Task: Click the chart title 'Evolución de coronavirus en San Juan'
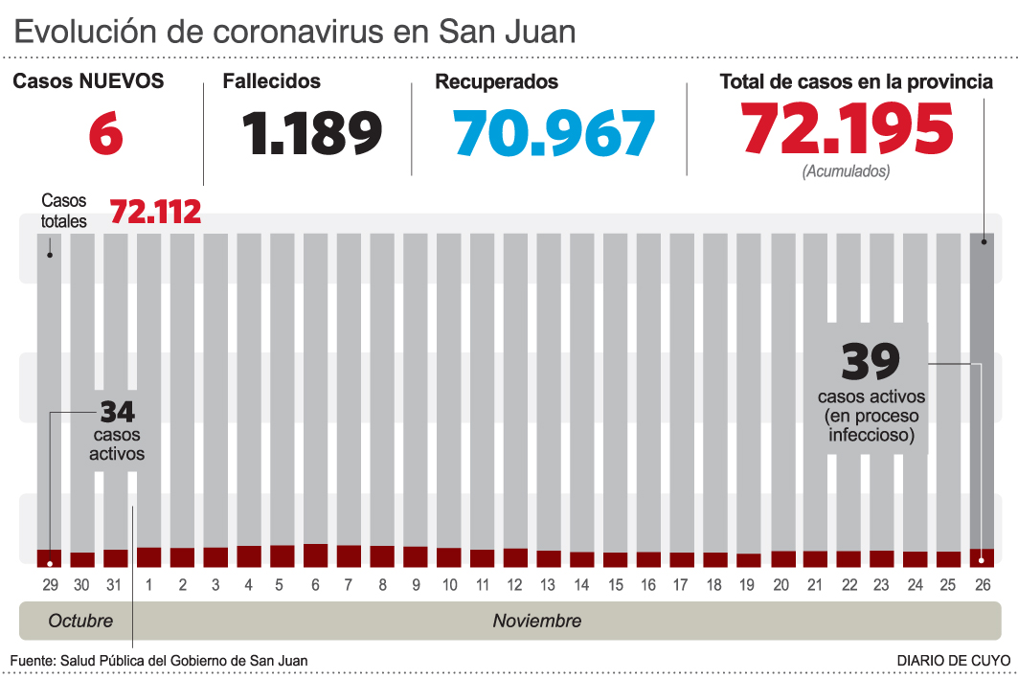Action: click(295, 32)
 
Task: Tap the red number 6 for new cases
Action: click(106, 133)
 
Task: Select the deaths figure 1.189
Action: click(312, 133)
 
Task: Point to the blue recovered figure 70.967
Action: click(555, 133)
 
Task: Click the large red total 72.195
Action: click(848, 129)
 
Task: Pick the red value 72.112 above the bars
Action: click(155, 212)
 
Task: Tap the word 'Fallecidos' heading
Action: click(272, 82)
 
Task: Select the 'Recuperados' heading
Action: click(497, 82)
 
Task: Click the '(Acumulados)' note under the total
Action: click(847, 171)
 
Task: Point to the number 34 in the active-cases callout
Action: click(117, 413)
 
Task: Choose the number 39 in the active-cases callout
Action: click(871, 362)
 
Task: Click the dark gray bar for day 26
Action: click(983, 393)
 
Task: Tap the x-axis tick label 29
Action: click(49, 585)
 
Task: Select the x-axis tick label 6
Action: click(316, 585)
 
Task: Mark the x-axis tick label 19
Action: click(748, 585)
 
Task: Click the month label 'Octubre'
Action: click(80, 621)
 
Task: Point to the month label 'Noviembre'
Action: click(537, 621)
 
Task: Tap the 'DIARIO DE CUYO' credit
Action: click(953, 661)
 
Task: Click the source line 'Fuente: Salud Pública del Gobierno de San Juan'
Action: click(159, 661)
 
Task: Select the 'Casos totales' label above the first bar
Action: click(64, 211)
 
